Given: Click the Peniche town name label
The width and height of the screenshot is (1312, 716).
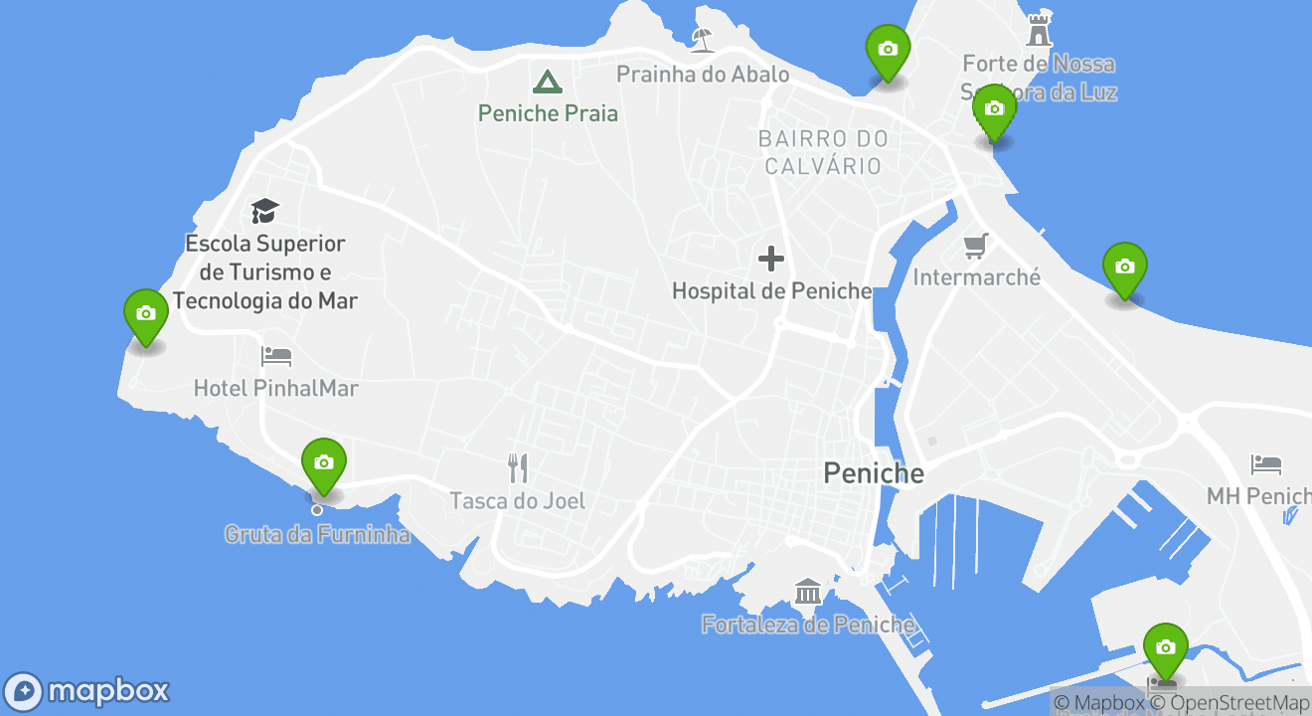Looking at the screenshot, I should point(874,473).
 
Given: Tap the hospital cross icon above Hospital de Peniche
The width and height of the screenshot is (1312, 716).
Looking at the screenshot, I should point(771,260).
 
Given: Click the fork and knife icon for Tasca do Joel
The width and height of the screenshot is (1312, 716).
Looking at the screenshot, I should point(518,467).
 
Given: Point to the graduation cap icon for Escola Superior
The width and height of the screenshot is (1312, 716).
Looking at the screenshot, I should point(264,211).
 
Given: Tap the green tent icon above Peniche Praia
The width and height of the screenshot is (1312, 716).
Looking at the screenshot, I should point(547,81).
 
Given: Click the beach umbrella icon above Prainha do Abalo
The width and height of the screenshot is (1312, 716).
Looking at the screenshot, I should point(703,39).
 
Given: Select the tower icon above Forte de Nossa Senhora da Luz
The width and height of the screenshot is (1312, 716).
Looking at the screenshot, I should point(1040,30).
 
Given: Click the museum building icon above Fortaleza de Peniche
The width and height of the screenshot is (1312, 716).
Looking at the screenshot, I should point(807,592).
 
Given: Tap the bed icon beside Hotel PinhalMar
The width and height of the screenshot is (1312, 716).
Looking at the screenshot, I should point(276,355).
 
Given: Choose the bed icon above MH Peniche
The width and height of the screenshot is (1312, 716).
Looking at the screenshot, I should point(1266,464).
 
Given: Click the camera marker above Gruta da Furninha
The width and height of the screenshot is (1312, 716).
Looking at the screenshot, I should point(323,463).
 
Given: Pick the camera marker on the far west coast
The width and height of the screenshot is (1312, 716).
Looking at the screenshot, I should point(146,314).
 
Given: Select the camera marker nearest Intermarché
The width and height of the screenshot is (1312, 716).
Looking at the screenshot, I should point(1124,268).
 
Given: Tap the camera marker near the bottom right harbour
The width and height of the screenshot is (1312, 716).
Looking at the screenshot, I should point(1165,648).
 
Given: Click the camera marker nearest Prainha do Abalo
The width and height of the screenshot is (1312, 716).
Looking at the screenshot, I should point(888,50).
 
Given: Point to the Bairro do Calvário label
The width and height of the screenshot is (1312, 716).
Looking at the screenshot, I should point(823,152).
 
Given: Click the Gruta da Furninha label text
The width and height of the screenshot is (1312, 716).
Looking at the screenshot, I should point(317,535).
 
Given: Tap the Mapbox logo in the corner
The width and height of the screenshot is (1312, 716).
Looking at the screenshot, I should point(87,691).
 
